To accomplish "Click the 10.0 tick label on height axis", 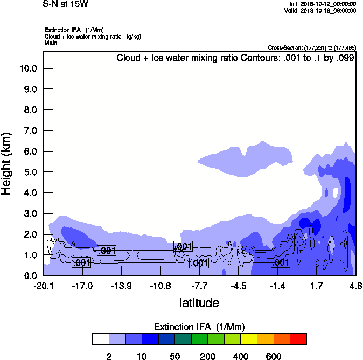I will coord(27,68).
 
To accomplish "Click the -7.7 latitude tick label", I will coord(200,285).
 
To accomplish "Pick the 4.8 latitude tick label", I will coord(355,285).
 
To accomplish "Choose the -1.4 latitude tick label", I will coord(277,285).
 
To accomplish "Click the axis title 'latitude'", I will coord(199,303).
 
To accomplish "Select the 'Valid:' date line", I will coord(320,10).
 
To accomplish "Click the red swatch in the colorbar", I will coord(298,339).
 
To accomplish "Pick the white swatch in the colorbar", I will coord(100,339).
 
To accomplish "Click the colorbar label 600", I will coord(274,356).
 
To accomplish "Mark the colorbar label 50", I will coord(174,356).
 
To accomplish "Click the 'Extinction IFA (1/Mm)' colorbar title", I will coord(199,327).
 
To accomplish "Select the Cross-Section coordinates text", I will coord(312,47).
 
